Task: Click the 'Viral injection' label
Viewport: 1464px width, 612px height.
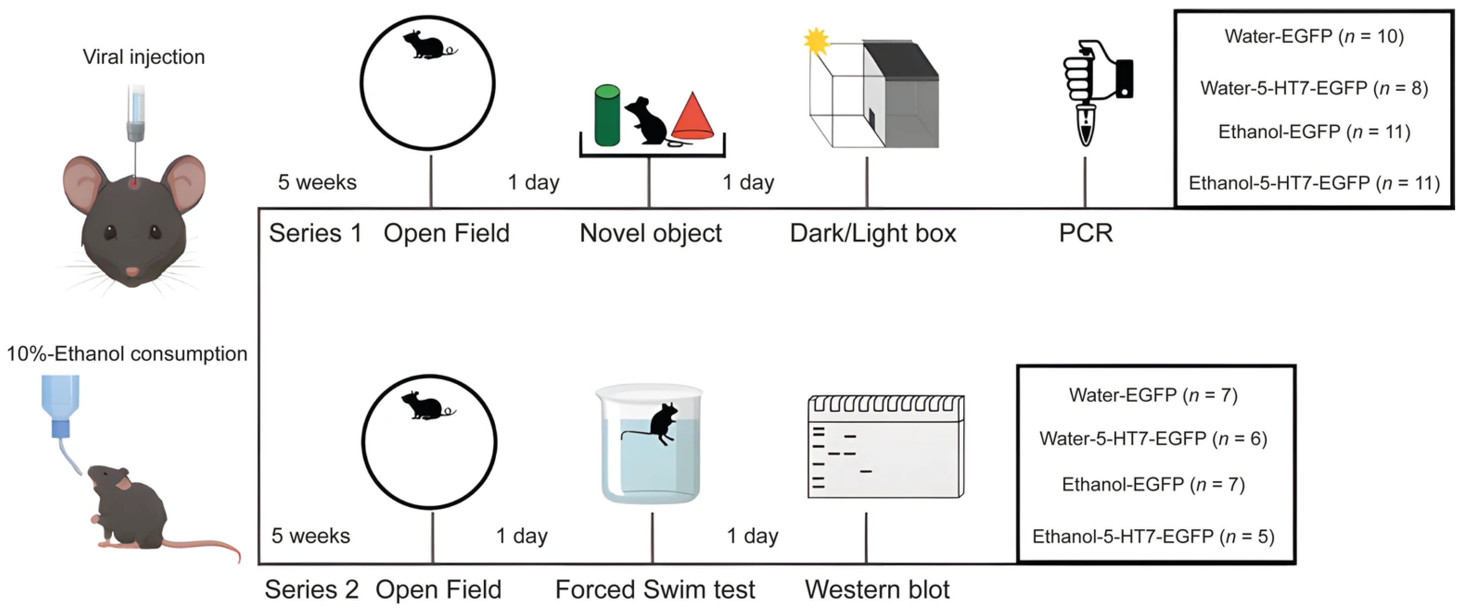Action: pyautogui.click(x=143, y=57)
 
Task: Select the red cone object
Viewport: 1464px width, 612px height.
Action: pyautogui.click(x=692, y=117)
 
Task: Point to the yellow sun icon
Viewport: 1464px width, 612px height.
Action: pyautogui.click(x=816, y=41)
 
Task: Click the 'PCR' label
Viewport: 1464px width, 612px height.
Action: pyautogui.click(x=1085, y=233)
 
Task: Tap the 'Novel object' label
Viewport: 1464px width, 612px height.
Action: pyautogui.click(x=650, y=233)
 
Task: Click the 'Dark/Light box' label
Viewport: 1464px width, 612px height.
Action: pyautogui.click(x=873, y=233)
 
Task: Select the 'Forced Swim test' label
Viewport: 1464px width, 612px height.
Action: pyautogui.click(x=655, y=589)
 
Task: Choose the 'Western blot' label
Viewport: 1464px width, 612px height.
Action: pyautogui.click(x=877, y=589)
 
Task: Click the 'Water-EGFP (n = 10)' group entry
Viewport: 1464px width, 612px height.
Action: pyautogui.click(x=1313, y=36)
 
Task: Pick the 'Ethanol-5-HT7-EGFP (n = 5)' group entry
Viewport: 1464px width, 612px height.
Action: pyautogui.click(x=1153, y=536)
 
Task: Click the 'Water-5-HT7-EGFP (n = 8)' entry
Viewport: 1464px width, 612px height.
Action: pyautogui.click(x=1313, y=88)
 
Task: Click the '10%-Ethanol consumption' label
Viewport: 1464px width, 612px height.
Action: pyautogui.click(x=127, y=354)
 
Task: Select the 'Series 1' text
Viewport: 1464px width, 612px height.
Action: pyautogui.click(x=315, y=233)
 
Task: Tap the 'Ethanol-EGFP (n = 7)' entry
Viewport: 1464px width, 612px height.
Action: pyautogui.click(x=1153, y=484)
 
